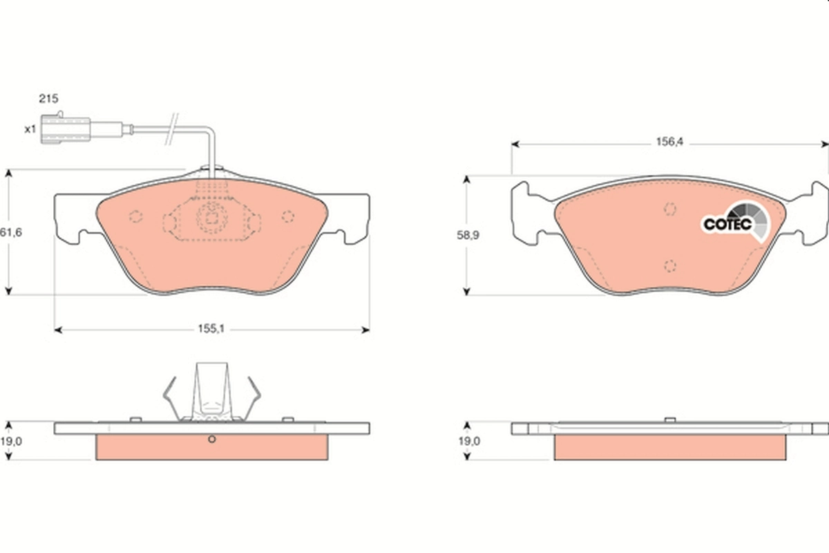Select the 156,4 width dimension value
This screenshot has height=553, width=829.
(x=669, y=144)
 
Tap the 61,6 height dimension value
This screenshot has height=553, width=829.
(x=11, y=233)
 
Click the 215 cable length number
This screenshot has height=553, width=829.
(x=48, y=100)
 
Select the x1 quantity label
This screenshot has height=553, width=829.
(x=30, y=129)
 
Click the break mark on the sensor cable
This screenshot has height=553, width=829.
(x=173, y=129)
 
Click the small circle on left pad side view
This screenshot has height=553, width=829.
(x=212, y=440)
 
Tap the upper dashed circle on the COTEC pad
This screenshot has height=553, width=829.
(x=669, y=209)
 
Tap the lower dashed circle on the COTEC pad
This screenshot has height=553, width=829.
(x=669, y=266)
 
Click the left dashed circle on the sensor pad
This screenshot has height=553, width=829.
(x=136, y=216)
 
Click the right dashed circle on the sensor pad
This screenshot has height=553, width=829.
(x=288, y=216)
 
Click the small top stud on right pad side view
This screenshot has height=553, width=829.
(x=669, y=420)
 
